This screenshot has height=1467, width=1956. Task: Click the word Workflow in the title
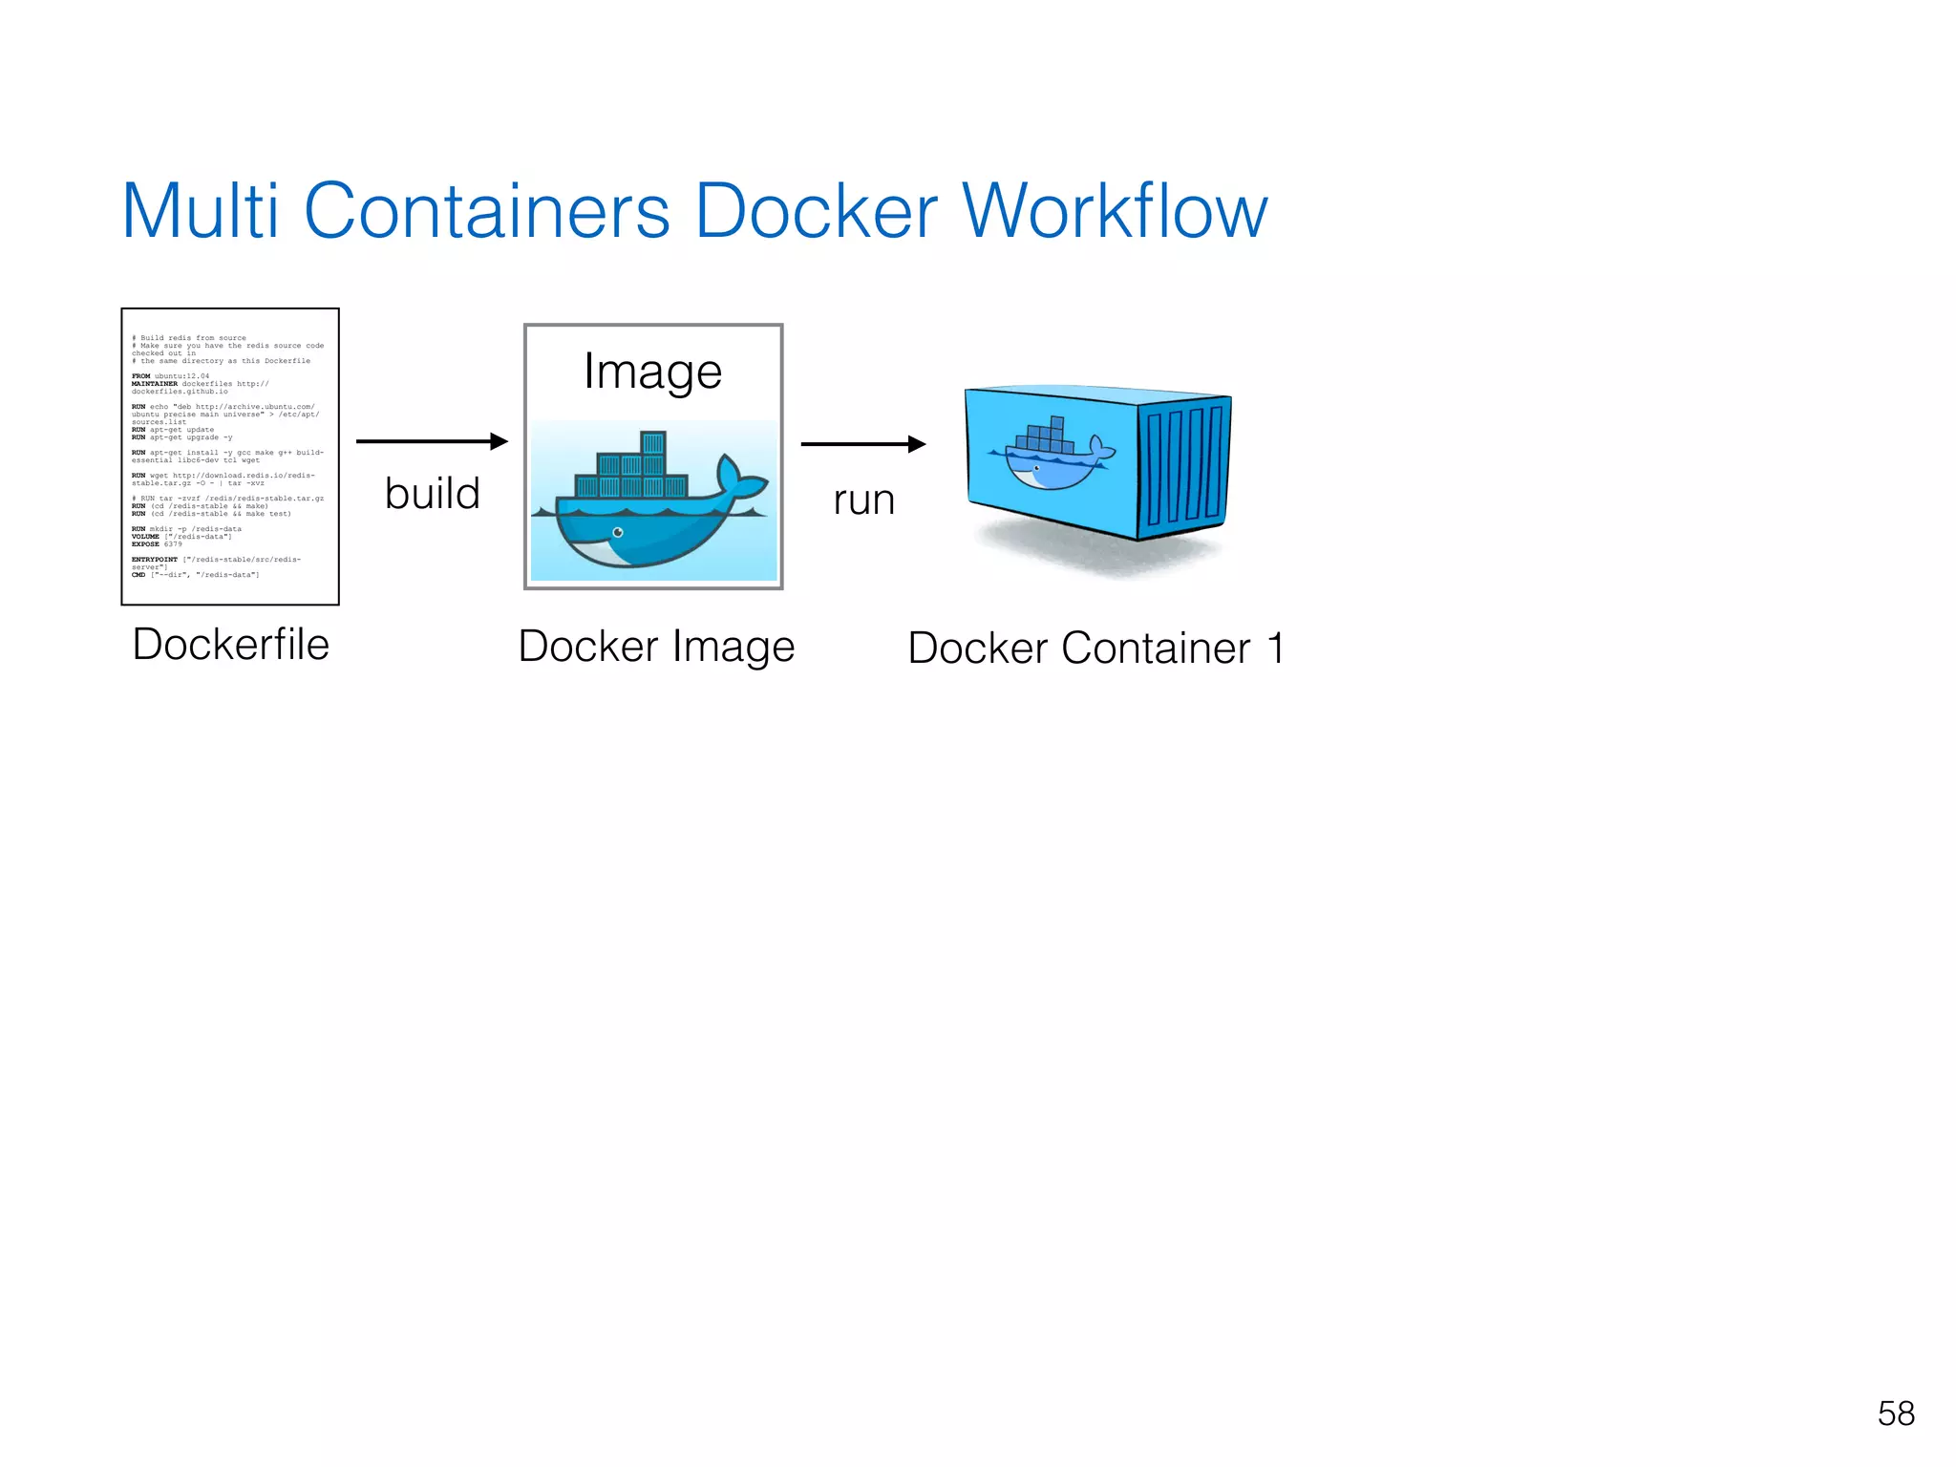1115,211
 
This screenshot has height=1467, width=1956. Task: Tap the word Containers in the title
487,211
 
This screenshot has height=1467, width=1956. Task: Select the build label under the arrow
432,494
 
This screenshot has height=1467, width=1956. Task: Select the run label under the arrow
863,500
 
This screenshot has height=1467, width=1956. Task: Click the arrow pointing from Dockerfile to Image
431,441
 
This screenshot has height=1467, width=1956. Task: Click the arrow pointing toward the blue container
862,444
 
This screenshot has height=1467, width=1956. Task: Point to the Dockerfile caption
230,645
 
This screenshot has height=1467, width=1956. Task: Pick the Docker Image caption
656,647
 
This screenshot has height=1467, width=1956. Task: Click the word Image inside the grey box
652,372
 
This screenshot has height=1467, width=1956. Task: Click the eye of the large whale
618,532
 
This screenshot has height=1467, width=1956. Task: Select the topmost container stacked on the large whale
653,443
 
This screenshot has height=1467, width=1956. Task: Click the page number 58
1896,1414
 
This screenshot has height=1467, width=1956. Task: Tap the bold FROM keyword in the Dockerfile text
140,376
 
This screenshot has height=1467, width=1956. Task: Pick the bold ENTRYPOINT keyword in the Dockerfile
154,560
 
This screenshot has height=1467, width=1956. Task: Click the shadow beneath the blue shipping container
1098,554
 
